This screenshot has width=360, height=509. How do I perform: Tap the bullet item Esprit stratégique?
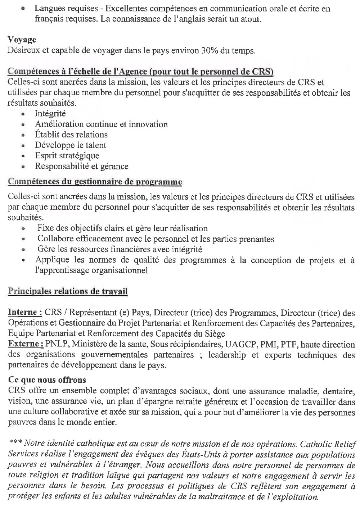[67, 156]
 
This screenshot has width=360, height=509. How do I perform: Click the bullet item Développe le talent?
[70, 145]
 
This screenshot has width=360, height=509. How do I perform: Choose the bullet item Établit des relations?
[71, 135]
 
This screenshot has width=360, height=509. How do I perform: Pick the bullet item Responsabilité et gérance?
[81, 166]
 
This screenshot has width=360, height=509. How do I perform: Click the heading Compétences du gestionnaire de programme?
[95, 182]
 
